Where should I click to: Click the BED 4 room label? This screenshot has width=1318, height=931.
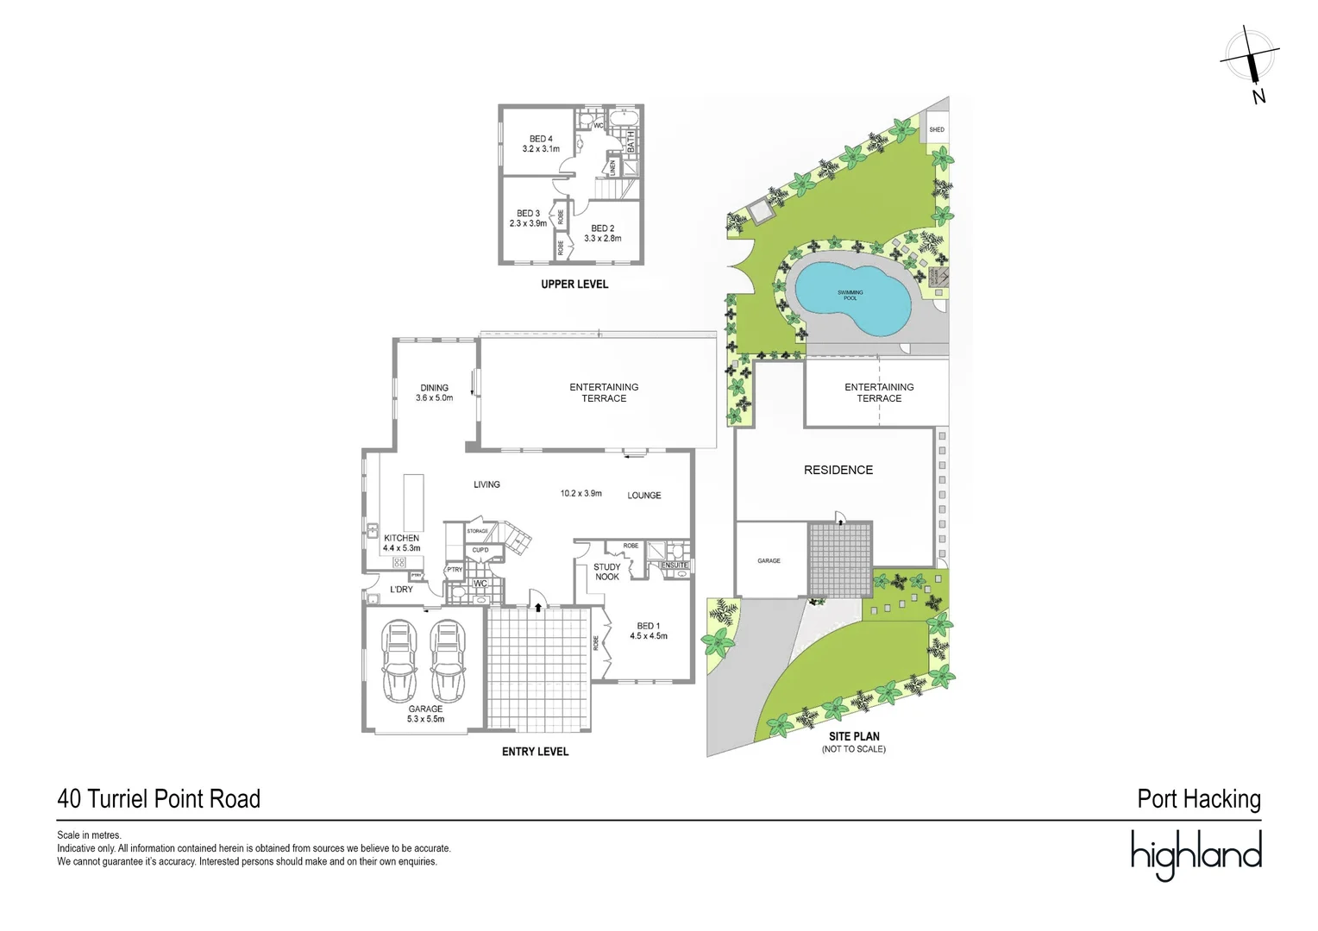coord(541,139)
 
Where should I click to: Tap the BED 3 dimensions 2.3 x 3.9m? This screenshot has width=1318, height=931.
coord(528,224)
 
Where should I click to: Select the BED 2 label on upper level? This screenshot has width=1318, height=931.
coord(602,228)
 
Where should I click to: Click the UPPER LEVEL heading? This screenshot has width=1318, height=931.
coord(574,284)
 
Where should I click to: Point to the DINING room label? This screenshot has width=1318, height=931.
coord(434,388)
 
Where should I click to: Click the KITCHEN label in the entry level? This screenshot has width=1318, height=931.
coord(401,538)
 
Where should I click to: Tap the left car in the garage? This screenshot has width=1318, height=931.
coord(398,660)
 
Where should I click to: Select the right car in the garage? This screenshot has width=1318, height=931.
coord(448,660)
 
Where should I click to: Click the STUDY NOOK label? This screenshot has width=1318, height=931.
coord(606,572)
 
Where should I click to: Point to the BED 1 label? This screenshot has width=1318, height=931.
coord(648,626)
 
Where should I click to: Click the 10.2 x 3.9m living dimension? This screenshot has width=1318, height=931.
coord(581,494)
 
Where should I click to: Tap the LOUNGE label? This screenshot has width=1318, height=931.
coord(643,496)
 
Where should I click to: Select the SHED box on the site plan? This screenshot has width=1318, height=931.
coord(936,129)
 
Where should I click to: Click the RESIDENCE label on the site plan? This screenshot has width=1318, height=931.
coord(838,470)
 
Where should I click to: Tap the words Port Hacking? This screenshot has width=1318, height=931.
coord(1198,799)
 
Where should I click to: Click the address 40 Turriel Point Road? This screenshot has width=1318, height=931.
coord(159,799)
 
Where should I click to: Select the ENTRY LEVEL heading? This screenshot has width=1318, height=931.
coord(535,752)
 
